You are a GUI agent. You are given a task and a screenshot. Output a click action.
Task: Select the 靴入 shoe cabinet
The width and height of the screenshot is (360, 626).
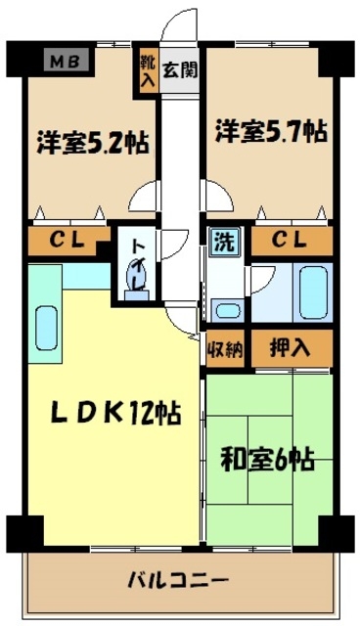click(147, 69)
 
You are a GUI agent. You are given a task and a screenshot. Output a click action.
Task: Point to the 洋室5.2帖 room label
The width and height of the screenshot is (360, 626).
click(94, 142)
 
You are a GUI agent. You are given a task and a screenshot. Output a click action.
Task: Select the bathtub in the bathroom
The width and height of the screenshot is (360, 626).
click(312, 292)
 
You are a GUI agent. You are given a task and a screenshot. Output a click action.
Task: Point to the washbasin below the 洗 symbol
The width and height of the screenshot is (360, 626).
click(227, 312)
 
